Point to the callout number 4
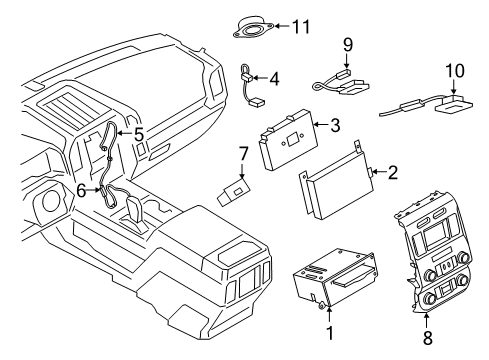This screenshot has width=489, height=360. coord(274,76)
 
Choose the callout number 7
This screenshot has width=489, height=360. coord(241,154)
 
